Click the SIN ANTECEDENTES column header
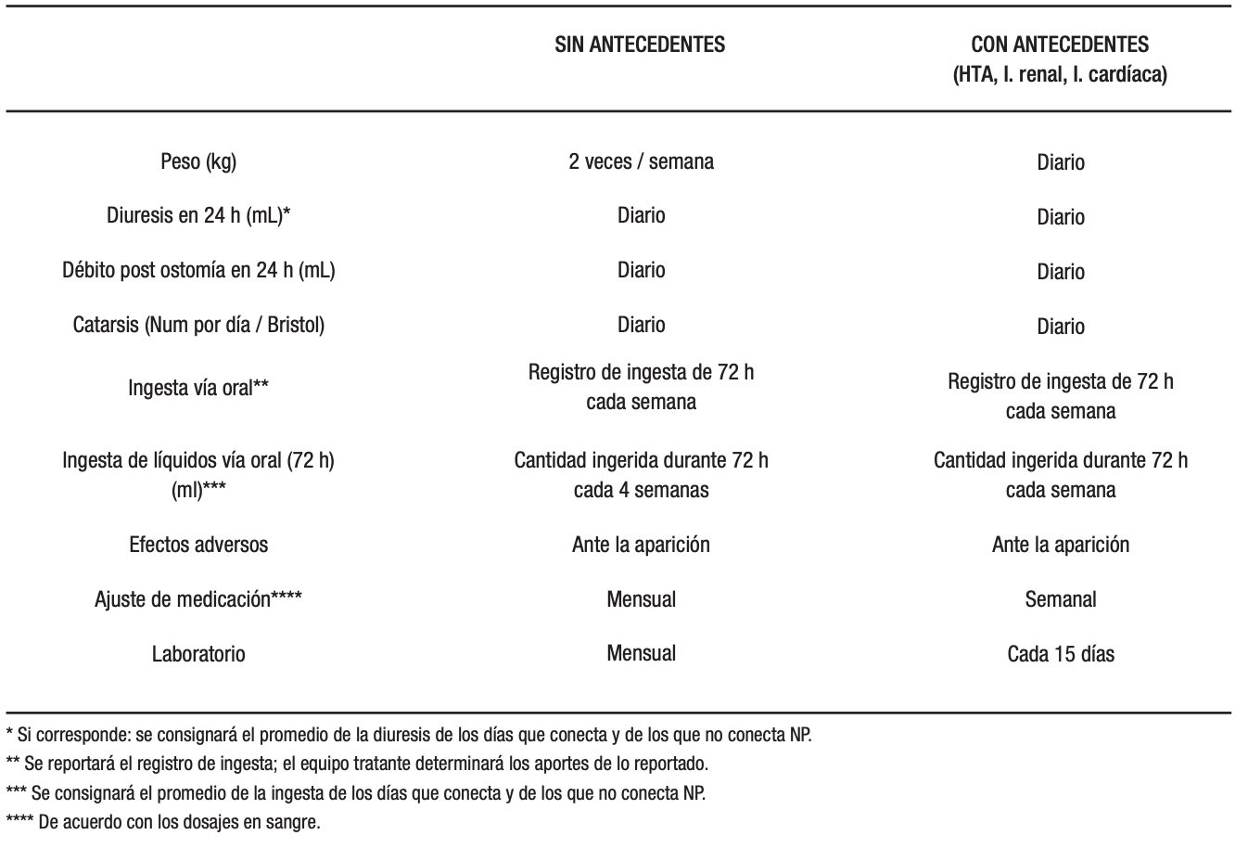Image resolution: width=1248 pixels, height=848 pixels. coord(640,45)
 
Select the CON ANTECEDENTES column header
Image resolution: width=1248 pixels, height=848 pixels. coord(1059,45)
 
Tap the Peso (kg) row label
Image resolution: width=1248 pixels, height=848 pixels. coord(197,161)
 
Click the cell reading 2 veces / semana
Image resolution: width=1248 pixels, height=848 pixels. coord(641,161)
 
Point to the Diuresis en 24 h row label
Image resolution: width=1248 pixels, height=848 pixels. coord(198,216)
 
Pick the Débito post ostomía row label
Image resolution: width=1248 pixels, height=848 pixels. coord(198,271)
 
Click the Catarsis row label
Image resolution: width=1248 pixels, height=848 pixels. coord(198,326)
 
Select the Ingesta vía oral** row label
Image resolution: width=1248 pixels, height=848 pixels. coord(198,388)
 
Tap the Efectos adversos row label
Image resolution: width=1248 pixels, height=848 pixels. coord(198,545)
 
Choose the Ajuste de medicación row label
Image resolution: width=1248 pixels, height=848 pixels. coord(198,599)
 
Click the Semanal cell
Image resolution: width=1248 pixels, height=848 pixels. coord(1060,599)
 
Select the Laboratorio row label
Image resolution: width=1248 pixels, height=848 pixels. coord(198,654)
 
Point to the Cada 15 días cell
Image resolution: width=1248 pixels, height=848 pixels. coord(1060,654)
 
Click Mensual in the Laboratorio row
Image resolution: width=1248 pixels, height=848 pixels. coord(641,653)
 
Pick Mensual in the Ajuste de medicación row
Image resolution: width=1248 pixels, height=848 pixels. coord(641,599)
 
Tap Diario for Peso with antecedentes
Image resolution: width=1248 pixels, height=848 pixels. coord(1060,162)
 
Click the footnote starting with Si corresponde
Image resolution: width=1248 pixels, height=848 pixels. coord(408,736)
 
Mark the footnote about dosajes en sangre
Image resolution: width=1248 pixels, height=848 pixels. coord(163,822)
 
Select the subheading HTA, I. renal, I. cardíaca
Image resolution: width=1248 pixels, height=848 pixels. coord(1059,75)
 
